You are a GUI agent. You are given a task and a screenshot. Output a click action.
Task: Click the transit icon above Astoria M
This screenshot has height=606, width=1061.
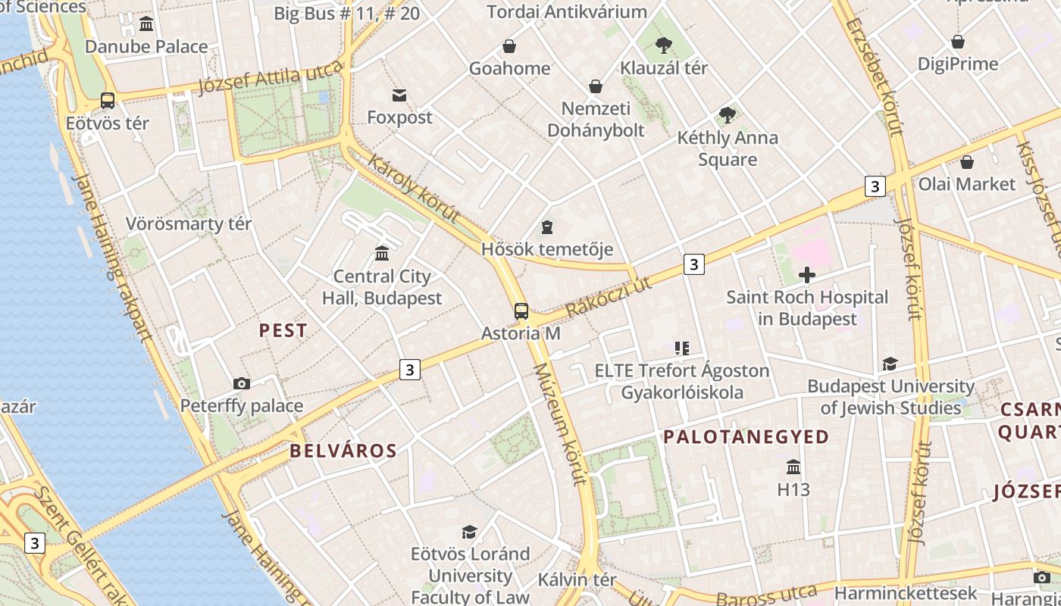point(521,311)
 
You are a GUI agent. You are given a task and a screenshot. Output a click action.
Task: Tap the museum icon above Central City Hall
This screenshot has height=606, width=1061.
point(382,253)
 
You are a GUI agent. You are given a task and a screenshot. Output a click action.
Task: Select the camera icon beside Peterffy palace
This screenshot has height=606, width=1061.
point(242,383)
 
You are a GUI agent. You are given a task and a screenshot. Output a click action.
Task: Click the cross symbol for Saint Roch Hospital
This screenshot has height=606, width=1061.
point(807,274)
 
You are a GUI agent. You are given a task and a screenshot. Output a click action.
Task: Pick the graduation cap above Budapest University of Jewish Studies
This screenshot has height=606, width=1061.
point(890,364)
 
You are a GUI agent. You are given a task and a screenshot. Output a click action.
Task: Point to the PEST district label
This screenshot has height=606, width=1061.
point(283,330)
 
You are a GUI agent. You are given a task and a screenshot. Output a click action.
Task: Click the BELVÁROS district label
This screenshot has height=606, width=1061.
point(343,451)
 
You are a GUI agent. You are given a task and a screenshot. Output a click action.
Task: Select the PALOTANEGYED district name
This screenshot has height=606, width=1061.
point(746,437)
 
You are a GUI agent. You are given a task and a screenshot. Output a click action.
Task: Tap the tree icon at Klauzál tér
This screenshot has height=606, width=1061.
point(664,45)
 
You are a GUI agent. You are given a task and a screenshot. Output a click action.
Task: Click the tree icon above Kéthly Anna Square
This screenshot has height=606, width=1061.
point(728,115)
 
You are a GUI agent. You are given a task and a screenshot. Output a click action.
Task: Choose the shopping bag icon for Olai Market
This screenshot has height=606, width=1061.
point(966,161)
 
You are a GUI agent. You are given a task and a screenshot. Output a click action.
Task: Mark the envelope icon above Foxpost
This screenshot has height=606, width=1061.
point(399,95)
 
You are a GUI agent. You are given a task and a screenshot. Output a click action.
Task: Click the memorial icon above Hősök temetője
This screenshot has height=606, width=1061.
point(547,226)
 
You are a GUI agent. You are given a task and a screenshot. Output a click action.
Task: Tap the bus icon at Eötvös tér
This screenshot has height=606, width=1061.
point(108,100)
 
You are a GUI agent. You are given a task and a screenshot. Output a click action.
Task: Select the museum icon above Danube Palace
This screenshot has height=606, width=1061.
point(146,24)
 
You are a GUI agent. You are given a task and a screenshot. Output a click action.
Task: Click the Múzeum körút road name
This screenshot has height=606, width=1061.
point(561,423)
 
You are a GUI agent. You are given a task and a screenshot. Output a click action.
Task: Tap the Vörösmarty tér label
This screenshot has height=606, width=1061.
point(189,224)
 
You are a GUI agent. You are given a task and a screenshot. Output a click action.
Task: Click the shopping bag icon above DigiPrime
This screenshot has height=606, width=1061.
point(958,42)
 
